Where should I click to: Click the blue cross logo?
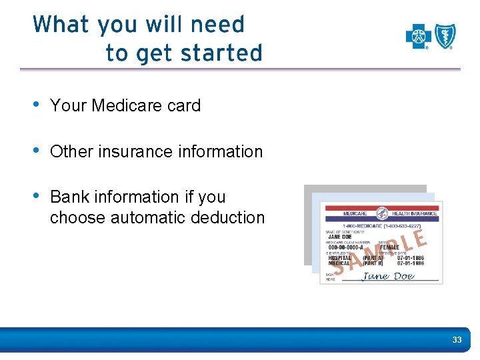click(x=418, y=36)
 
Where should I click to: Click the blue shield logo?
click(x=445, y=36)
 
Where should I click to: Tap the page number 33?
click(x=457, y=340)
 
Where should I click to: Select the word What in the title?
click(x=61, y=25)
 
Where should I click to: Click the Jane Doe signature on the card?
click(x=388, y=276)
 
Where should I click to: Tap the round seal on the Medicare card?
click(x=382, y=213)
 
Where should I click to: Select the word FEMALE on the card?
click(x=389, y=247)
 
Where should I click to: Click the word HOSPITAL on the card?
click(x=339, y=257)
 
